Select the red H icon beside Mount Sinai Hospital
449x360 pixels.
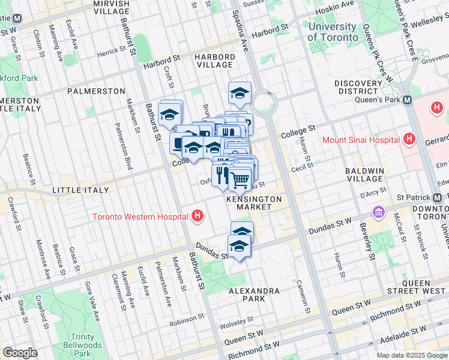[409, 140]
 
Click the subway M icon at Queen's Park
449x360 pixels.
[408, 100]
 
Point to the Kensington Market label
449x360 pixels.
[254, 202]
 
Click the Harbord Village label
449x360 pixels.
[214, 61]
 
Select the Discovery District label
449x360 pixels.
[358, 87]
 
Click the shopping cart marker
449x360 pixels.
[240, 178]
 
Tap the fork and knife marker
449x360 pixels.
[222, 175]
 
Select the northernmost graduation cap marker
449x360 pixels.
[240, 93]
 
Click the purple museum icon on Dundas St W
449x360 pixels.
[378, 212]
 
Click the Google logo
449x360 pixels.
[20, 353]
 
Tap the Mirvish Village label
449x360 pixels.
[112, 7]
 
